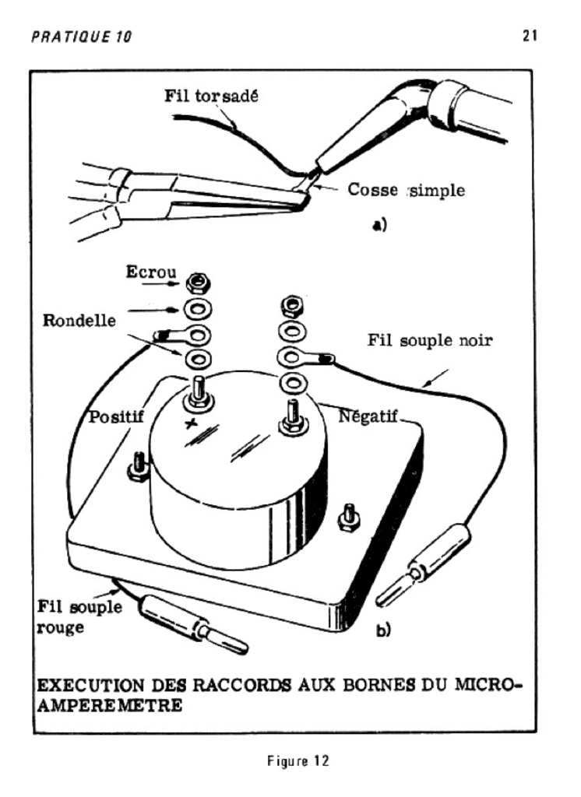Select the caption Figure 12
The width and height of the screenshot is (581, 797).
point(290,760)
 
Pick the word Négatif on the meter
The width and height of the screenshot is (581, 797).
point(368,416)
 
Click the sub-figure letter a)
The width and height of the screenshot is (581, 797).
point(379,226)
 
